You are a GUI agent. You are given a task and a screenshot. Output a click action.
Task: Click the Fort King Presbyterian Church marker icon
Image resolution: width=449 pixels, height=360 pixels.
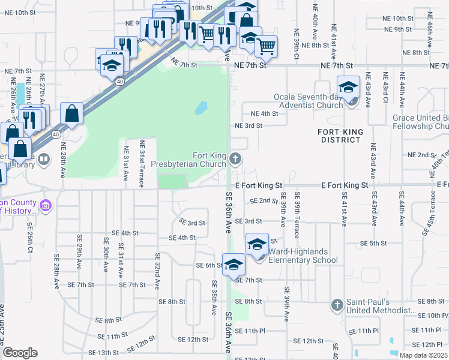(x=235, y=159)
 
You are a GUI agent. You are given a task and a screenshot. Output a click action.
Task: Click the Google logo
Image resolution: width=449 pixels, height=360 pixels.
(x=20, y=353)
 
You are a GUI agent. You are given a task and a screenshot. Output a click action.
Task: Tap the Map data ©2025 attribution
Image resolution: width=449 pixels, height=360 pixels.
(x=423, y=355)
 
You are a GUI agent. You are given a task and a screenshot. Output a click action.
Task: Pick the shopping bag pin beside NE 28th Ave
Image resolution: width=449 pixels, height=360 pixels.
(x=71, y=115)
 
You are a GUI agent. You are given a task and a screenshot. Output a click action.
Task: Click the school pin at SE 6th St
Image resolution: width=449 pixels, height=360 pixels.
(x=234, y=265)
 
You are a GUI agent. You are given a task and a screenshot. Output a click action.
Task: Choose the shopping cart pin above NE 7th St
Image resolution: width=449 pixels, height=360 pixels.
(x=266, y=46)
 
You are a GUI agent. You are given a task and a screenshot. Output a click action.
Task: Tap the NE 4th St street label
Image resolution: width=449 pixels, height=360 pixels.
(x=265, y=113)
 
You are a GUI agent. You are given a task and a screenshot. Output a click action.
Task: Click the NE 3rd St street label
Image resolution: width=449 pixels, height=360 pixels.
(x=249, y=125)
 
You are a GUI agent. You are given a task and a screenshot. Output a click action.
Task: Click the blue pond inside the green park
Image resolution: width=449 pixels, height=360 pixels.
(x=200, y=108)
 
